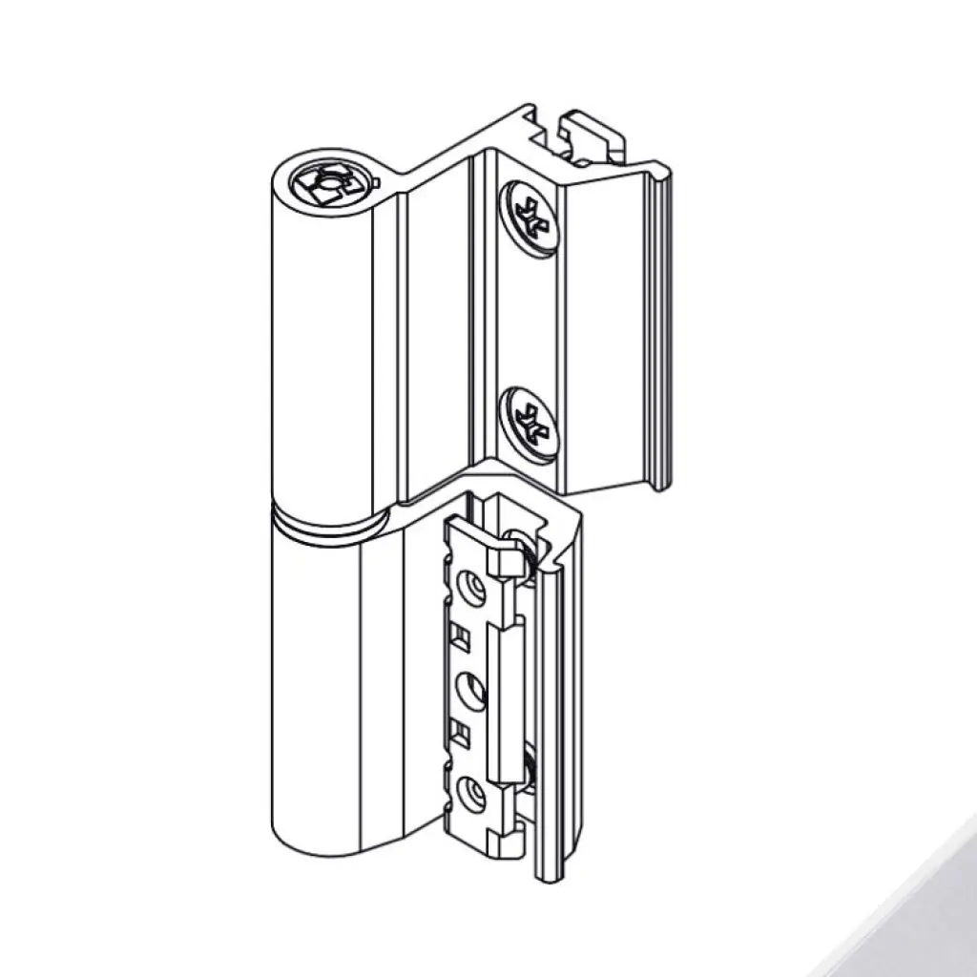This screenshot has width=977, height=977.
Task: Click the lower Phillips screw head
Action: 528,421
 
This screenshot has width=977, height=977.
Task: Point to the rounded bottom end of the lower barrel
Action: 324,840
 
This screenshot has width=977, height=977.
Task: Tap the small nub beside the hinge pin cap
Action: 376,181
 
